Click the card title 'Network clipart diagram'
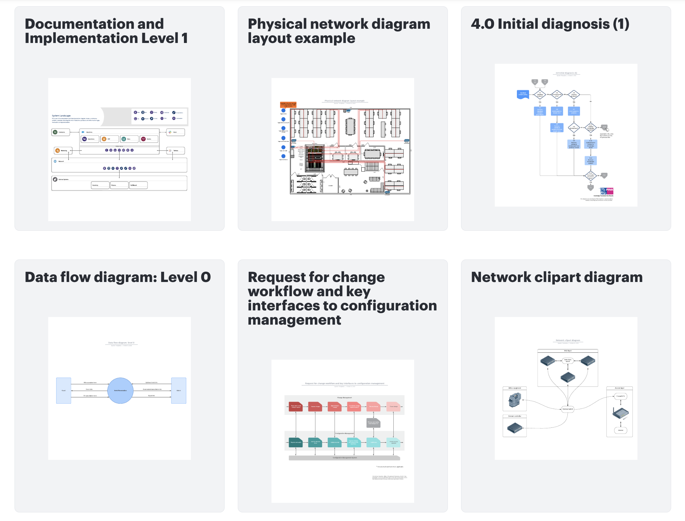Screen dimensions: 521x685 (557, 277)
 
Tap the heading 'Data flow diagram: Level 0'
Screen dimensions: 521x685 (118, 277)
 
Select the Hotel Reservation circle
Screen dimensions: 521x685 (120, 390)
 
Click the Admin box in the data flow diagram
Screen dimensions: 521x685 (179, 390)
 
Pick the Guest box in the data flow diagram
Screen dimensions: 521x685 (63, 390)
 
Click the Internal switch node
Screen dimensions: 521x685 (568, 409)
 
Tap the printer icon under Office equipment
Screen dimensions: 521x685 (515, 400)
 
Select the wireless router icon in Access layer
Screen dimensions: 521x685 (621, 413)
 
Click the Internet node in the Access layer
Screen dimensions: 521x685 (621, 430)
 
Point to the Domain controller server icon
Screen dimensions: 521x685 (515, 428)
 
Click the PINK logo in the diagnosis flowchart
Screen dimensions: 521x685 (607, 191)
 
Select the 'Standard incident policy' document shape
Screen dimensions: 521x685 (523, 94)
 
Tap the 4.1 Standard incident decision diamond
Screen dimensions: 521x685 (540, 95)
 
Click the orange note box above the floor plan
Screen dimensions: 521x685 (288, 104)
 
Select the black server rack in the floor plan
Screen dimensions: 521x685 (314, 158)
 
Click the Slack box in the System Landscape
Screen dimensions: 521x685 (175, 132)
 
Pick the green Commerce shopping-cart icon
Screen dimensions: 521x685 (55, 132)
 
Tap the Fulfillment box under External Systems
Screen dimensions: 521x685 (138, 185)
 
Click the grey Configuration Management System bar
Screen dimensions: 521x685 (344, 458)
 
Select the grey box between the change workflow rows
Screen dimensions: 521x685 (374, 422)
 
